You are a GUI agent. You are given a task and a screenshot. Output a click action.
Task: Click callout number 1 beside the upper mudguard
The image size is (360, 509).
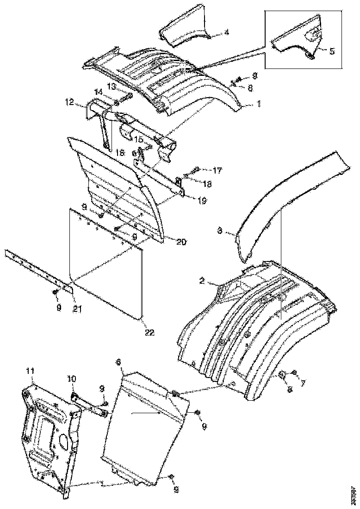click(259, 105)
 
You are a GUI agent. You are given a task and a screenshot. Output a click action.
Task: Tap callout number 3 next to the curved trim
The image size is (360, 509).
click(221, 230)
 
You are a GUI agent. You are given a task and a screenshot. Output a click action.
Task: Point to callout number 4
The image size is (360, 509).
click(226, 32)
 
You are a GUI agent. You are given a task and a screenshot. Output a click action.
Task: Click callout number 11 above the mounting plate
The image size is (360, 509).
click(30, 371)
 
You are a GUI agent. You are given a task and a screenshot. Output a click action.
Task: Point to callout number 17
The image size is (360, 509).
click(217, 169)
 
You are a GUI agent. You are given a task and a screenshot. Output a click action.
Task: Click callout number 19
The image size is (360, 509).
click(202, 201)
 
